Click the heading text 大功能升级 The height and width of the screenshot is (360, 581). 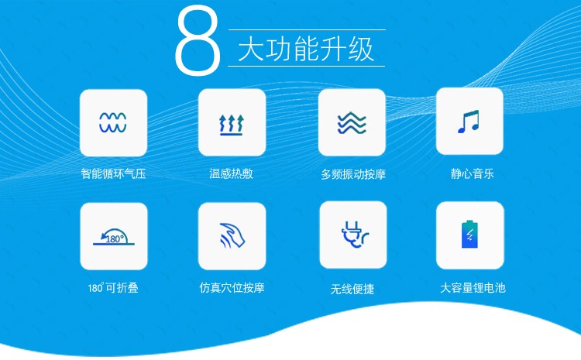click(306, 49)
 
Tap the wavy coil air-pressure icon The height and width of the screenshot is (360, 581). click(113, 122)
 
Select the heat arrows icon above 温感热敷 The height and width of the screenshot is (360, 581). click(231, 125)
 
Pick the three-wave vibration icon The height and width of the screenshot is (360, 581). click(352, 123)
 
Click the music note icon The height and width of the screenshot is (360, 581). click(469, 122)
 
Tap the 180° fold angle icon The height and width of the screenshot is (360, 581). click(114, 237)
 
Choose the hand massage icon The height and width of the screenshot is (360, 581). click(232, 235)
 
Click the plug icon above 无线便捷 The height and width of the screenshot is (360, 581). click(355, 235)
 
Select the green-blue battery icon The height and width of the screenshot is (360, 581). click(469, 234)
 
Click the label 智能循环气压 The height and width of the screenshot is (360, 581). click(113, 173)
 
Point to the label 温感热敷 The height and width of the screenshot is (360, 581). click(231, 173)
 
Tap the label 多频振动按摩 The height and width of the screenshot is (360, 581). click(353, 174)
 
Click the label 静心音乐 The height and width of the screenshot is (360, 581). click(472, 173)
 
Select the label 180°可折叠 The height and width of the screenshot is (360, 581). click(113, 288)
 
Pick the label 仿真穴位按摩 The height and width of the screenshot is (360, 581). click(232, 288)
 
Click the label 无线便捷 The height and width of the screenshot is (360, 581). click(352, 289)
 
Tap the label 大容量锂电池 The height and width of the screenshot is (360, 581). click(473, 288)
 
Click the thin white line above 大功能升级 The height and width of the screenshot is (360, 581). click(308, 29)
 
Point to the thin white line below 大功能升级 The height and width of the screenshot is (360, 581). click(307, 67)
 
